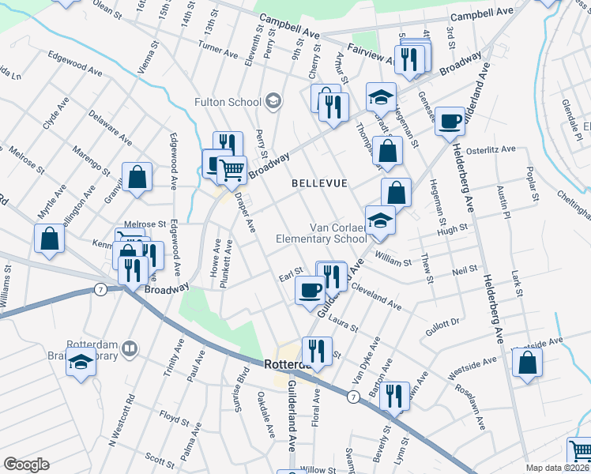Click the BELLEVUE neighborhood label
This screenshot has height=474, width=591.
[x=319, y=183]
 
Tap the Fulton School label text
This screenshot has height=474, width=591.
[x=228, y=102]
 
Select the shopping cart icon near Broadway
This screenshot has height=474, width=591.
[x=231, y=169]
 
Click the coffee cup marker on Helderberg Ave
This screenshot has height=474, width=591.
[x=450, y=122]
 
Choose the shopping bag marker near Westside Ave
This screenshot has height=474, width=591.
[x=527, y=363]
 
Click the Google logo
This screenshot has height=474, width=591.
[x=26, y=465]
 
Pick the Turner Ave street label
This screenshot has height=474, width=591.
[x=218, y=51]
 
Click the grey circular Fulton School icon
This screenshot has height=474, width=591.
[x=273, y=100]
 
